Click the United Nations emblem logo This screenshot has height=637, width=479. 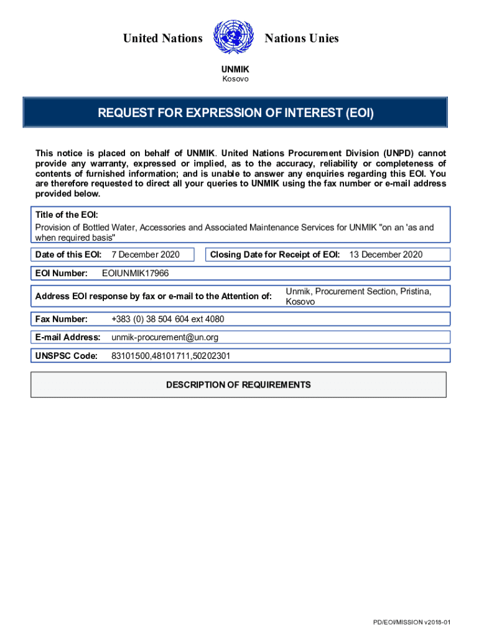[x=234, y=38]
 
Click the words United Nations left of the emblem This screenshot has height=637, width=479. [x=163, y=39]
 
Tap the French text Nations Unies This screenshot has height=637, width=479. [x=302, y=39]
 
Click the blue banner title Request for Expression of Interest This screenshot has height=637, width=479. [x=236, y=113]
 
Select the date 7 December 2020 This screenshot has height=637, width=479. [x=145, y=254]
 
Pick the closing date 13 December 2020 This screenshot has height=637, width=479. [x=386, y=254]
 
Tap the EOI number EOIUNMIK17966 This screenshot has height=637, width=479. [x=135, y=273]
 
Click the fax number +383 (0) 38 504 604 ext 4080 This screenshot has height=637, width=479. [x=168, y=319]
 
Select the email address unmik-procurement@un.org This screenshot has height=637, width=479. [x=165, y=337]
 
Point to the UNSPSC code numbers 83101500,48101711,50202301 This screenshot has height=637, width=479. [x=171, y=356]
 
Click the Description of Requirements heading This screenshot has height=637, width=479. [x=238, y=384]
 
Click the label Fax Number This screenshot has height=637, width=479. [x=61, y=319]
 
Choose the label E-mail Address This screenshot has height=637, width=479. [x=68, y=337]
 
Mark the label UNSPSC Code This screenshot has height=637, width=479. [x=67, y=356]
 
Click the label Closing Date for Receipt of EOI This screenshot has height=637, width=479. [x=275, y=254]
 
